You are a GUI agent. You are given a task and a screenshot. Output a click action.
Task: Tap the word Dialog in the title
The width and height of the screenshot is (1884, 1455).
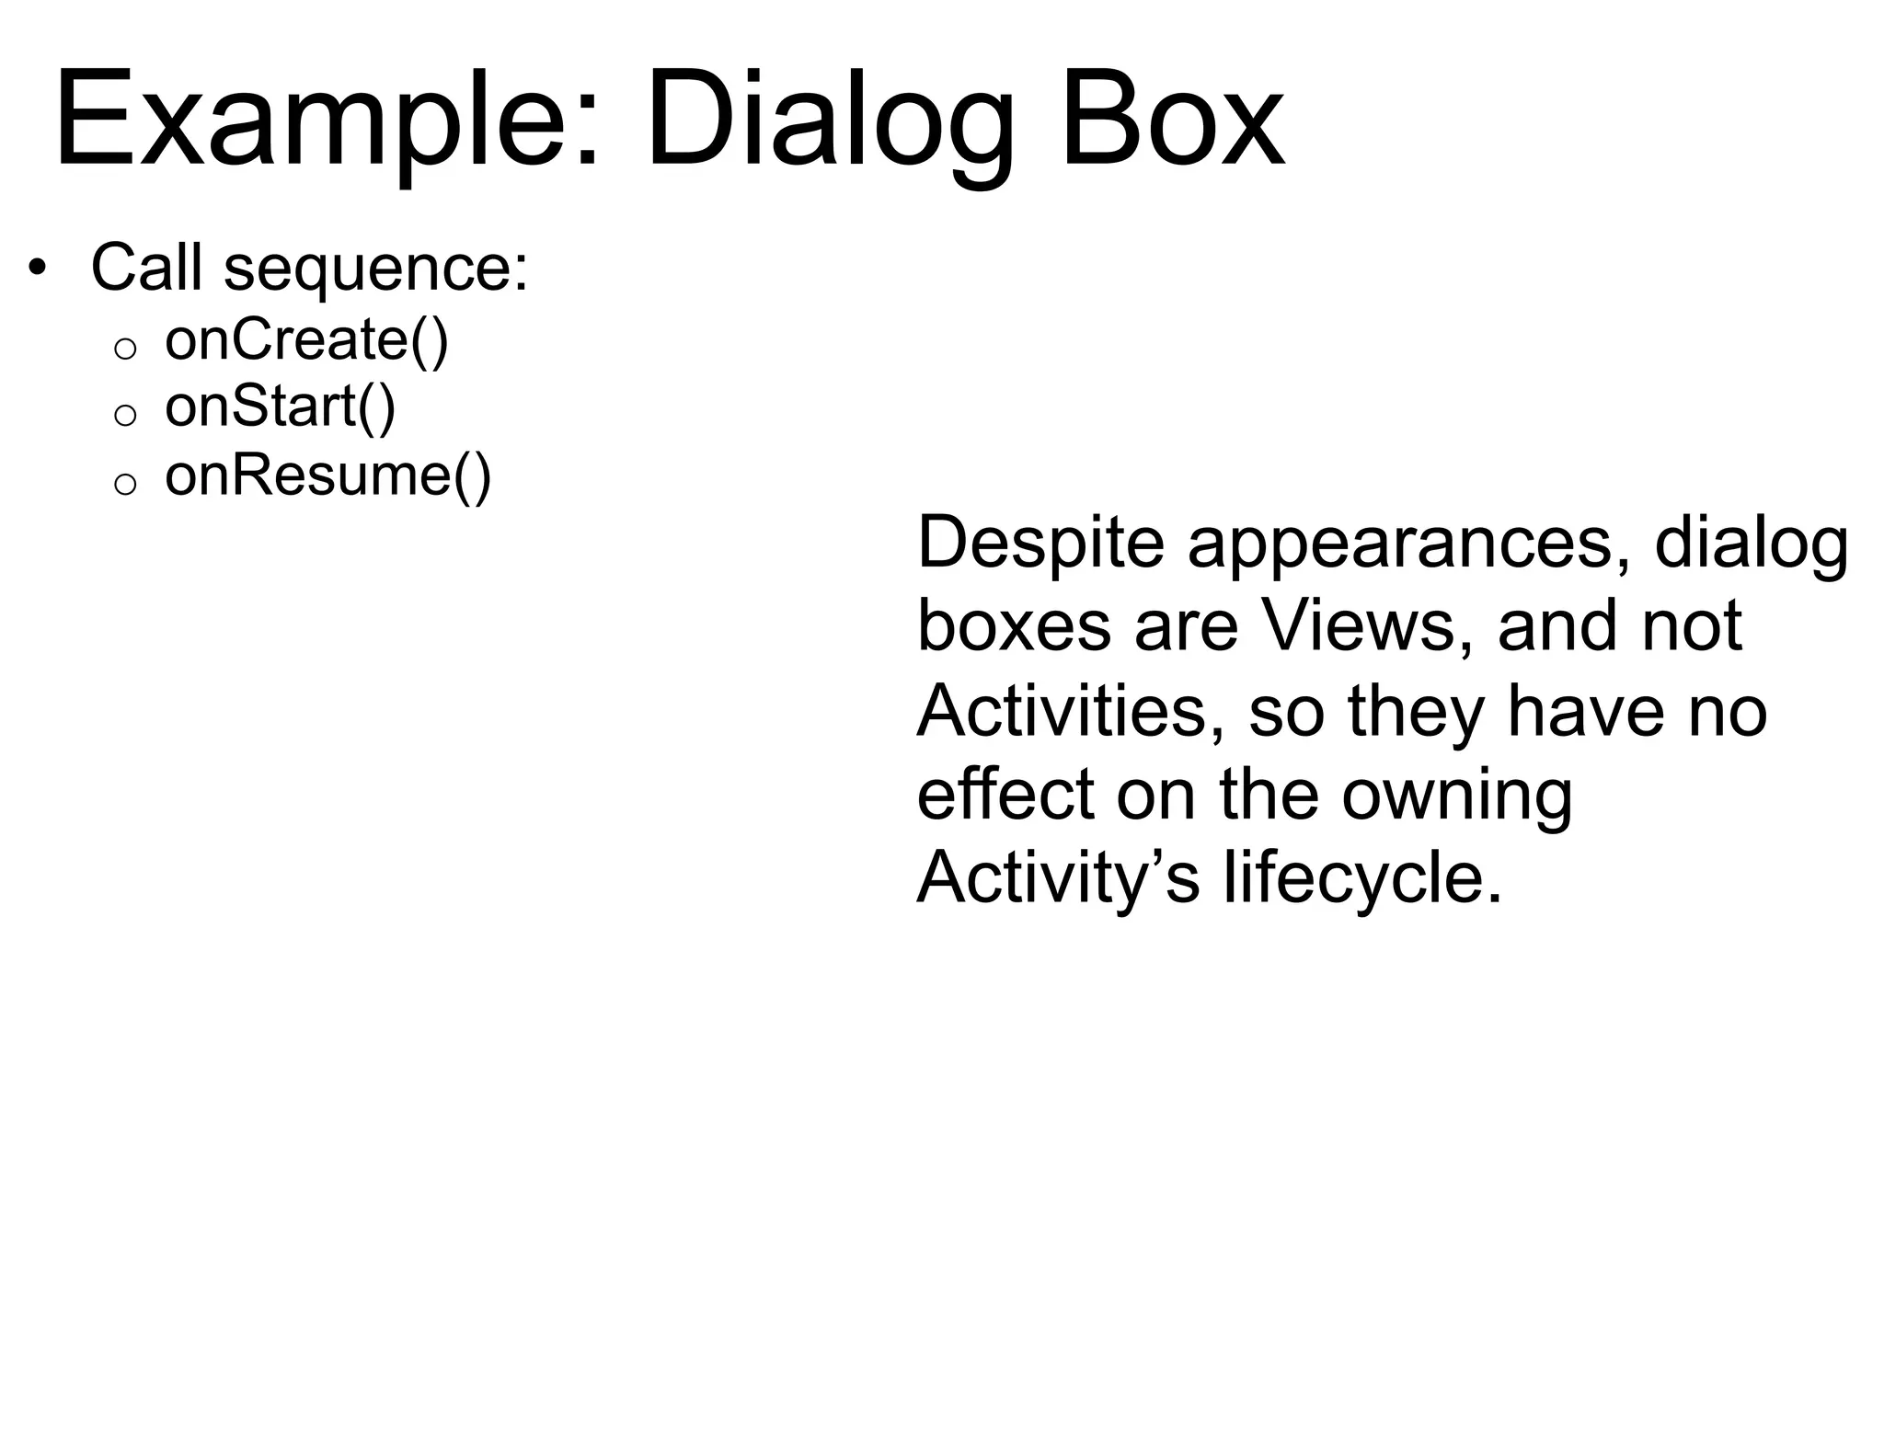point(828,120)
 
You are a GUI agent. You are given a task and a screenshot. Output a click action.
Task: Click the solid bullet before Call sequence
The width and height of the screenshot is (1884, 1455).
point(37,269)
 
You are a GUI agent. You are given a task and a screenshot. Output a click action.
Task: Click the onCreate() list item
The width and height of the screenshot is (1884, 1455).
point(306,340)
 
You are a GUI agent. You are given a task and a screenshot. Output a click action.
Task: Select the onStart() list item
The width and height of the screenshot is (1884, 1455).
point(280,407)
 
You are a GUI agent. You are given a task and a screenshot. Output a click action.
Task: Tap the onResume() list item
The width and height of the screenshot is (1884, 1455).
point(327,476)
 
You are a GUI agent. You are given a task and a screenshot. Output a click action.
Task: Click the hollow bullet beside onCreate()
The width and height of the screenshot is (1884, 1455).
point(125,348)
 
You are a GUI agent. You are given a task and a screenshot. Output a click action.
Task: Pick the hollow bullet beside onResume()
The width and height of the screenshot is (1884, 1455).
point(125,484)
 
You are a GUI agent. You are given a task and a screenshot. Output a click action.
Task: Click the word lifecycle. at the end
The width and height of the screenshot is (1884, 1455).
point(1362,878)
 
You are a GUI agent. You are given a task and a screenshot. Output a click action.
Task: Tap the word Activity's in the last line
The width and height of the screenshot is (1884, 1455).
point(1058,878)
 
